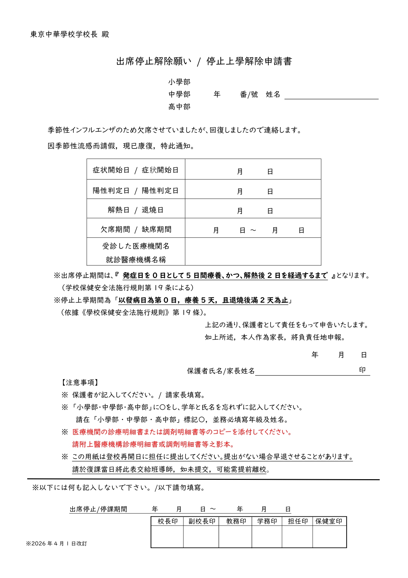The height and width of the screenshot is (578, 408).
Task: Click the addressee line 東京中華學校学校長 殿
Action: (x=69, y=34)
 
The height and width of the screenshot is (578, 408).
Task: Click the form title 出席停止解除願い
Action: (x=154, y=61)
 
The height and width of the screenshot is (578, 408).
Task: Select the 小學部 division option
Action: (x=179, y=82)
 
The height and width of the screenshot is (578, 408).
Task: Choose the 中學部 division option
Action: (x=179, y=94)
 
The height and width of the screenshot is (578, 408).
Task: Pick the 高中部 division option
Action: (x=179, y=107)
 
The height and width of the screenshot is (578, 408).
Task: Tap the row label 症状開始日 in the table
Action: (x=111, y=170)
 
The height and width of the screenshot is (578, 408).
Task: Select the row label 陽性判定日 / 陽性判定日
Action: (x=135, y=190)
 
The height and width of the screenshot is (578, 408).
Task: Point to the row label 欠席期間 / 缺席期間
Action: (x=135, y=229)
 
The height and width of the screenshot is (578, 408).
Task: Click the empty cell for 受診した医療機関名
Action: (x=253, y=251)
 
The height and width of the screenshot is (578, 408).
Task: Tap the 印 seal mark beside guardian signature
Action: (x=362, y=370)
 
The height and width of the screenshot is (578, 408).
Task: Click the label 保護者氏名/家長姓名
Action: (x=221, y=371)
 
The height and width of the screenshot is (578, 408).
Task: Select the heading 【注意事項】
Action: (x=80, y=382)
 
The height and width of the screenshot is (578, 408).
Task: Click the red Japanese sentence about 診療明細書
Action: (x=182, y=432)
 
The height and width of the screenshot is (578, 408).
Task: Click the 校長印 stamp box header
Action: (x=167, y=521)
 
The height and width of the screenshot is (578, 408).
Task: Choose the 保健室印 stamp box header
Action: (x=329, y=521)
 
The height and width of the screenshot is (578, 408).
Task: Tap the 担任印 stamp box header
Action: (x=298, y=521)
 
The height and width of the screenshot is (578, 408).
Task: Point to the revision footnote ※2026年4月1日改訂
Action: (x=57, y=543)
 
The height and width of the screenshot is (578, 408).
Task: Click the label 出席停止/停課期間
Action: (x=98, y=509)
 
